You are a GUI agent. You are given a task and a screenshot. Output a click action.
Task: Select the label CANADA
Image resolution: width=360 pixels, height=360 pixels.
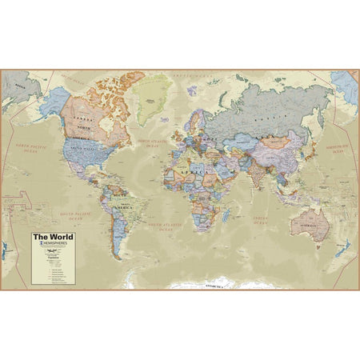[82, 118]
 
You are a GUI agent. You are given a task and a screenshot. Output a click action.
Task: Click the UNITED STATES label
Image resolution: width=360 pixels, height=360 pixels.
[80, 149]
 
